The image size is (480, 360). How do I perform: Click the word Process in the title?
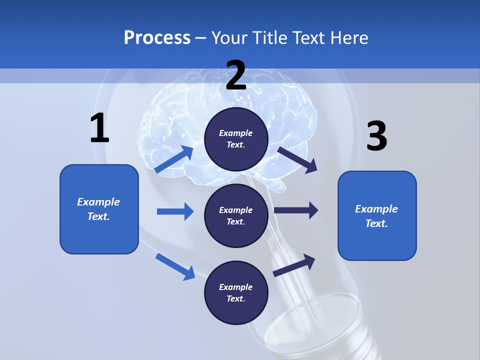(157, 38)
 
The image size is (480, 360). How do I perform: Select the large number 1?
(99, 128)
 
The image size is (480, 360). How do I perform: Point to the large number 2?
(236, 75)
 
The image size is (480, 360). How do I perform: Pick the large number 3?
(376, 136)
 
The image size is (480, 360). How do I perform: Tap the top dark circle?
(236, 139)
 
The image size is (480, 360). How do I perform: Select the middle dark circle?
(236, 215)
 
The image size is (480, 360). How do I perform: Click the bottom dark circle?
(236, 292)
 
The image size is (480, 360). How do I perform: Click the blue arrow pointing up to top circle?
(174, 159)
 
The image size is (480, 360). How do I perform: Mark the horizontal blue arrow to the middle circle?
(175, 211)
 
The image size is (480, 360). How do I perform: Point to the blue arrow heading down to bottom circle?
(175, 266)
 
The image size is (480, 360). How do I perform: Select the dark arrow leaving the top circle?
(297, 160)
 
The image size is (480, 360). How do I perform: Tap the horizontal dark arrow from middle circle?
(296, 210)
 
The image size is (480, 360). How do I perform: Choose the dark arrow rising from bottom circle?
(294, 265)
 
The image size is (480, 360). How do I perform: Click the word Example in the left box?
(98, 202)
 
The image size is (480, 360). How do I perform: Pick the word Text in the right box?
(376, 223)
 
